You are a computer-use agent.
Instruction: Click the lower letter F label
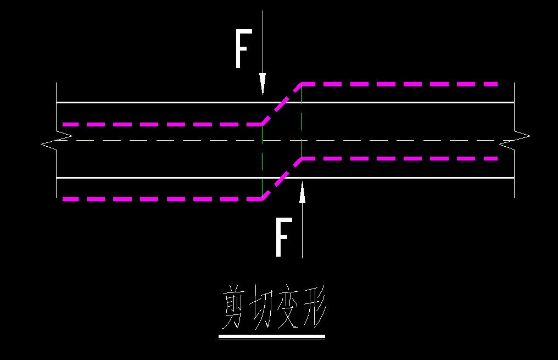pyautogui.click(x=282, y=237)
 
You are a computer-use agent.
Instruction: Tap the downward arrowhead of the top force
pyautogui.click(x=263, y=84)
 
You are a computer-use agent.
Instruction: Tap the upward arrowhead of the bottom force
pyautogui.click(x=302, y=193)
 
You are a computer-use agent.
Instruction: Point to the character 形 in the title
pyautogui.click(x=314, y=308)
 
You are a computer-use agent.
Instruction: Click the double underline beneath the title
pyautogui.click(x=272, y=336)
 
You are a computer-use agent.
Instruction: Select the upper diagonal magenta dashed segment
pyautogui.click(x=281, y=104)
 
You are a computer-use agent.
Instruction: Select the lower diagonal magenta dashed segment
pyautogui.click(x=281, y=179)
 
